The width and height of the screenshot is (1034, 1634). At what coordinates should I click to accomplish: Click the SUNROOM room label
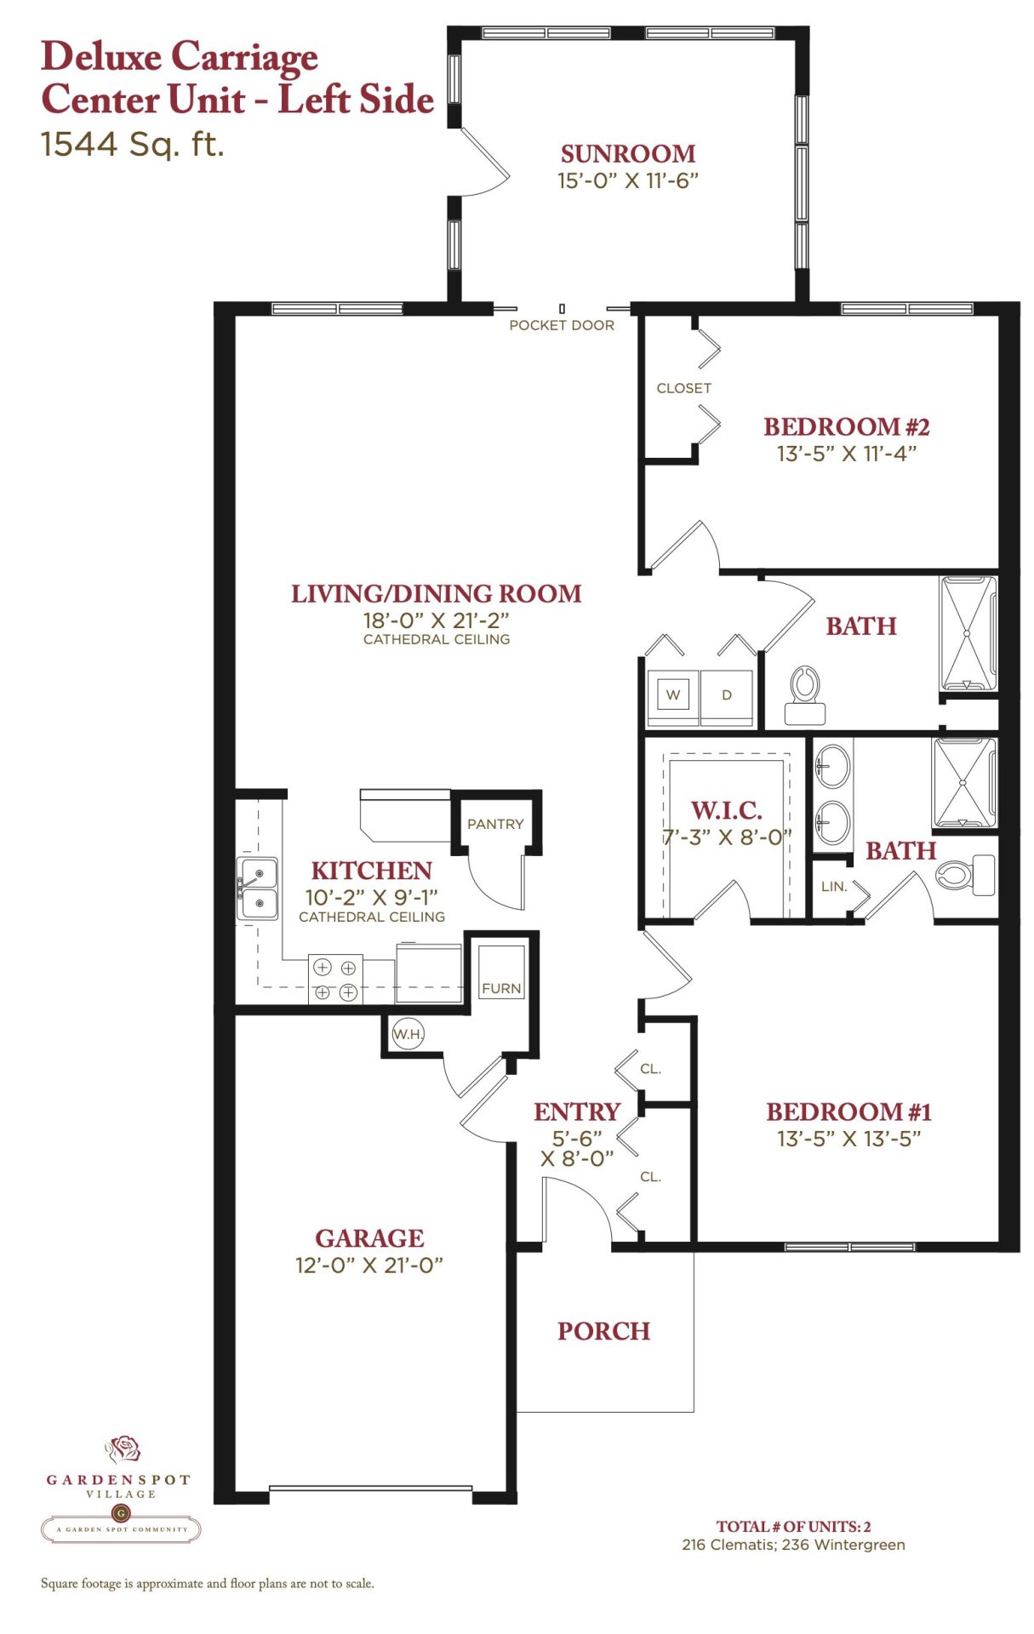click(x=627, y=154)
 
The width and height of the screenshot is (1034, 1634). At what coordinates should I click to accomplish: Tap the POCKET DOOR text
click(x=562, y=325)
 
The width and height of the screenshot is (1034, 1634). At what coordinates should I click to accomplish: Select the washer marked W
click(x=673, y=694)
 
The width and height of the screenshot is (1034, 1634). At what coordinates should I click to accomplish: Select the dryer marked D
click(x=727, y=694)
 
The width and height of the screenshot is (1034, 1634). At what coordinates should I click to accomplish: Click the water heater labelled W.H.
click(x=408, y=1034)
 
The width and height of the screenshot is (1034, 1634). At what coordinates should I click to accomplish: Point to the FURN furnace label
click(x=501, y=989)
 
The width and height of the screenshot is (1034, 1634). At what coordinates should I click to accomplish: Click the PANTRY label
click(x=495, y=824)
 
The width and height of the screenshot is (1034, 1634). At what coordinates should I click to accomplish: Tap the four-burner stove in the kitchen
click(x=335, y=980)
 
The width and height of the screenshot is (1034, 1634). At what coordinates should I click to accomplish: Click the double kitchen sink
click(x=258, y=888)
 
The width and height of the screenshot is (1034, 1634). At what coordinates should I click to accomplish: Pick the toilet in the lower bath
click(x=965, y=875)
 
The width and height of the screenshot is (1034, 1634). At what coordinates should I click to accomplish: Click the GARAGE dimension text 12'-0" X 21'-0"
click(x=369, y=1265)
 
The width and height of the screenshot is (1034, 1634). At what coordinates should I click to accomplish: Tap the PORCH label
click(x=603, y=1331)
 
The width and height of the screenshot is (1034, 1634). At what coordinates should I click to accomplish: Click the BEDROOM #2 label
click(x=846, y=426)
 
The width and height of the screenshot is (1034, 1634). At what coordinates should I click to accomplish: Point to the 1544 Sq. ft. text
click(x=133, y=144)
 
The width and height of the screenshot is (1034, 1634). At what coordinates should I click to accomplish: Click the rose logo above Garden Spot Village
click(x=123, y=1448)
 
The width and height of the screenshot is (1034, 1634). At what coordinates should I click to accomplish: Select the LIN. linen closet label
click(x=834, y=887)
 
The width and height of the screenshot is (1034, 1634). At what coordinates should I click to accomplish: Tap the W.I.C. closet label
click(x=726, y=810)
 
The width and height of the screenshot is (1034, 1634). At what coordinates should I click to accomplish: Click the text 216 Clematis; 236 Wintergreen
click(x=793, y=1545)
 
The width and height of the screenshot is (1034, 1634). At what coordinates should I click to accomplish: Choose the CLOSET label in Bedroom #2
click(x=683, y=388)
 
